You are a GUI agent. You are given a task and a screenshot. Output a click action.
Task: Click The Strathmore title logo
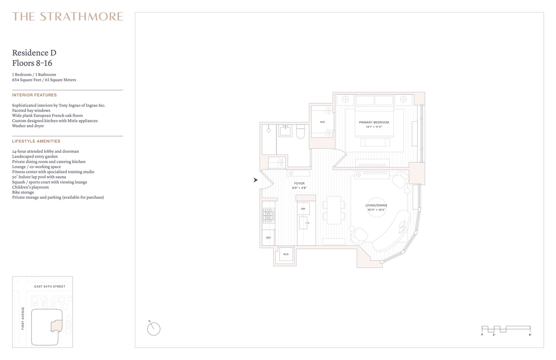(67, 17)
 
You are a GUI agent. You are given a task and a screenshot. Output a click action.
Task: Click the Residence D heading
(34, 53)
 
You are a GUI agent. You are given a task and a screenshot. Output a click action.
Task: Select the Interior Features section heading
(34, 95)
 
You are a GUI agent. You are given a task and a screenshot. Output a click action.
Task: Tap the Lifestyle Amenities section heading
(36, 141)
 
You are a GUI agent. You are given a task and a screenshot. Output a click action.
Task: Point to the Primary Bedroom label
(374, 122)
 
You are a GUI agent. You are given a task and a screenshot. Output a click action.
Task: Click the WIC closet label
(322, 122)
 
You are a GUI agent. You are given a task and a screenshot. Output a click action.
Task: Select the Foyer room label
(299, 184)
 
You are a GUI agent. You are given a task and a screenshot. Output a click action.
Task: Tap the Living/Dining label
(376, 205)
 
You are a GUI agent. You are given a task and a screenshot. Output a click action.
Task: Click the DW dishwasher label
(303, 209)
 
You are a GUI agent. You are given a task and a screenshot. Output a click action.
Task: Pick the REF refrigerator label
(268, 238)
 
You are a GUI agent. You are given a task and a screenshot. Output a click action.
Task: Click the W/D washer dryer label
(286, 254)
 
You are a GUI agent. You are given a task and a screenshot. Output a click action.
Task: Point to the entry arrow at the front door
(255, 180)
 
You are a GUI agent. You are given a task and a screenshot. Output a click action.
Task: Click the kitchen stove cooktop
(268, 215)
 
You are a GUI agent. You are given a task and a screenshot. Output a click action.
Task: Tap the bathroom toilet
(301, 131)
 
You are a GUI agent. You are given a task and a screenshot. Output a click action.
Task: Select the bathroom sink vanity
(285, 130)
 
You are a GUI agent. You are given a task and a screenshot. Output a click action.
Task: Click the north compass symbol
(153, 329)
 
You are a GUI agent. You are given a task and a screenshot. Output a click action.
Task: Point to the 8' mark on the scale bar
(530, 334)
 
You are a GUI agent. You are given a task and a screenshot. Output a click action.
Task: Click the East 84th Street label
(50, 287)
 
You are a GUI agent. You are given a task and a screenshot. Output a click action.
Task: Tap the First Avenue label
(23, 318)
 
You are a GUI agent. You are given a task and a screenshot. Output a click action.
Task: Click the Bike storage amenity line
(23, 192)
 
